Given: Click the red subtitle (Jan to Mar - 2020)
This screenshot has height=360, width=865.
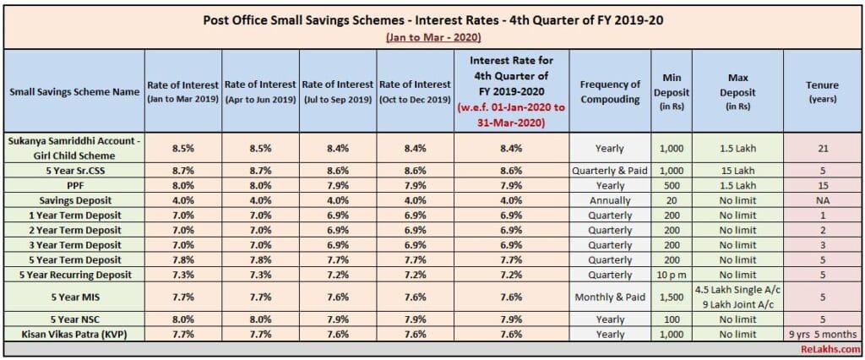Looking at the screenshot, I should pyautogui.click(x=432, y=38).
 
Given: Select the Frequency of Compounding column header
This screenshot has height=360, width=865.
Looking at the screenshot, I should pyautogui.click(x=610, y=90).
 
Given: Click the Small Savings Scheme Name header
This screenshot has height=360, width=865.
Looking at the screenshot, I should pyautogui.click(x=73, y=90).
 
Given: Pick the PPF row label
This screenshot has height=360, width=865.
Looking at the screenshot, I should pyautogui.click(x=73, y=186).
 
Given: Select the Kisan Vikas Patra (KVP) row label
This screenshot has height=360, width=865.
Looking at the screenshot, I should pyautogui.click(x=73, y=334).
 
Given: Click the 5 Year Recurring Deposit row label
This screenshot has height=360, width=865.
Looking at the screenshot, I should pyautogui.click(x=73, y=275).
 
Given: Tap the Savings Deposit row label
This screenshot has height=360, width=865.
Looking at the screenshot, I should pyautogui.click(x=73, y=200).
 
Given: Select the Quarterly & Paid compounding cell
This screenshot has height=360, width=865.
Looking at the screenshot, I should pyautogui.click(x=610, y=171).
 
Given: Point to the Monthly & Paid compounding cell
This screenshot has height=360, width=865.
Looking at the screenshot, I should pyautogui.click(x=610, y=297).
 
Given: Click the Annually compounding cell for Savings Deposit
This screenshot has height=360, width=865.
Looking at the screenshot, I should pyautogui.click(x=610, y=200).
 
